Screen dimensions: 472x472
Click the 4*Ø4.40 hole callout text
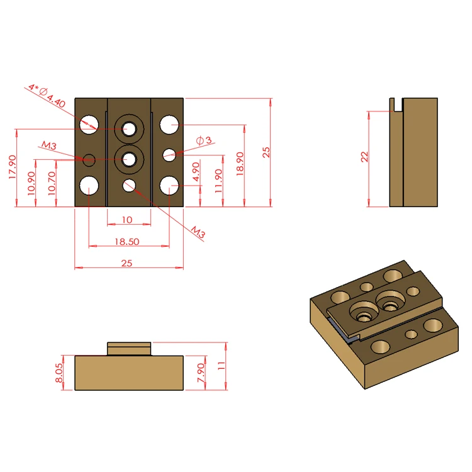click(47, 96)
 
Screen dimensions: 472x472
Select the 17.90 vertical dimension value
click(13, 167)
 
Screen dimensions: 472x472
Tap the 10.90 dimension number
click(31, 183)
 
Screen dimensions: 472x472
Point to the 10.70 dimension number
click(52, 183)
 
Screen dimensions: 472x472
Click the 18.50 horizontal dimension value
click(126, 242)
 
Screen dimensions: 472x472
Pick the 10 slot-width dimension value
click(127, 220)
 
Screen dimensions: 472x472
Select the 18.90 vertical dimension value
click(240, 164)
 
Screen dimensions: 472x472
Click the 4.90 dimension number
click(196, 172)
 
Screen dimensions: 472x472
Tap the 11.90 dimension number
click(218, 181)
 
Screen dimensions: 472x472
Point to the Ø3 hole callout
click(204, 140)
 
